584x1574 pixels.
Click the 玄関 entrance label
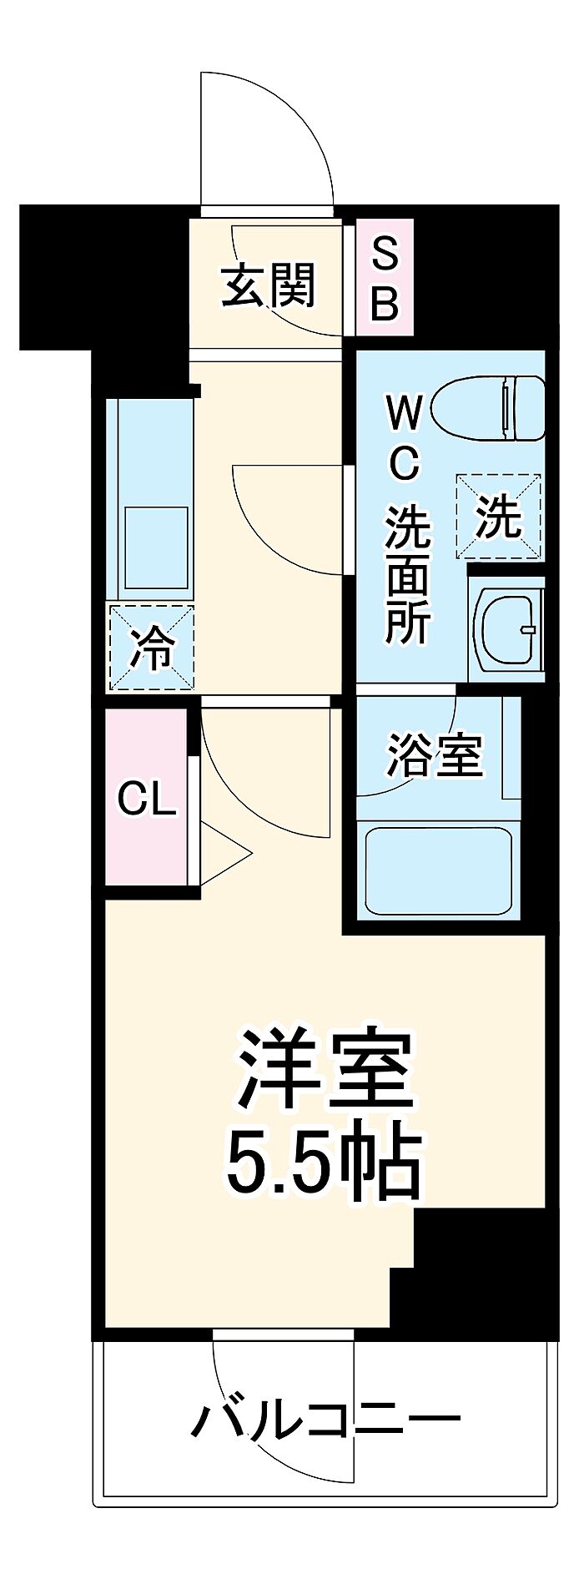pyautogui.click(x=268, y=286)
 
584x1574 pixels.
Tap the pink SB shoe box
pyautogui.click(x=385, y=278)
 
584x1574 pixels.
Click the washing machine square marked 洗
pyautogui.click(x=498, y=516)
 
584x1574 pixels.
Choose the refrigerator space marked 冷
pyautogui.click(x=150, y=648)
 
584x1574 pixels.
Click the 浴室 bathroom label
pyautogui.click(x=434, y=755)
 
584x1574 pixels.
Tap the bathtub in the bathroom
pyautogui.click(x=438, y=870)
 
